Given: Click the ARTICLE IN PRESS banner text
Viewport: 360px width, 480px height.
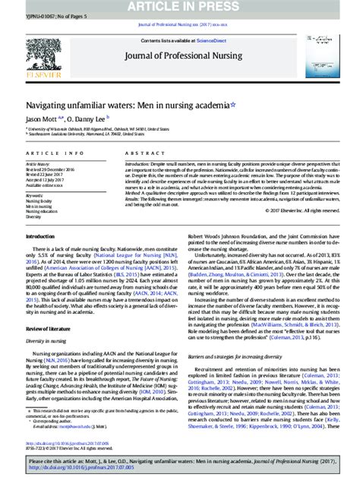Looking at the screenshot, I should [x=180, y=6].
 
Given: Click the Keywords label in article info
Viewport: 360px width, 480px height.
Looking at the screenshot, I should [x=35, y=194].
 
